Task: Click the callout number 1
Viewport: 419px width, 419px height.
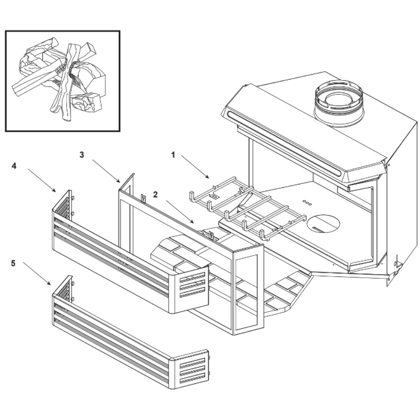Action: (173, 155)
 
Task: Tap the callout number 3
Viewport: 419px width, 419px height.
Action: (82, 155)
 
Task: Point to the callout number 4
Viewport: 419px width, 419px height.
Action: (14, 166)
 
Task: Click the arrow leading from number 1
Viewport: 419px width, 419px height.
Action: (194, 166)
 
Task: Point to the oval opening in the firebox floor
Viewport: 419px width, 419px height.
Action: (323, 223)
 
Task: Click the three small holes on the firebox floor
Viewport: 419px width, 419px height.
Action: (307, 202)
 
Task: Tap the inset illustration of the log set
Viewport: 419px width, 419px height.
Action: (62, 81)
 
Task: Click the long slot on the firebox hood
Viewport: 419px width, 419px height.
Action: (285, 142)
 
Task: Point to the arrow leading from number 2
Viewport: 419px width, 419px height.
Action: (179, 212)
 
